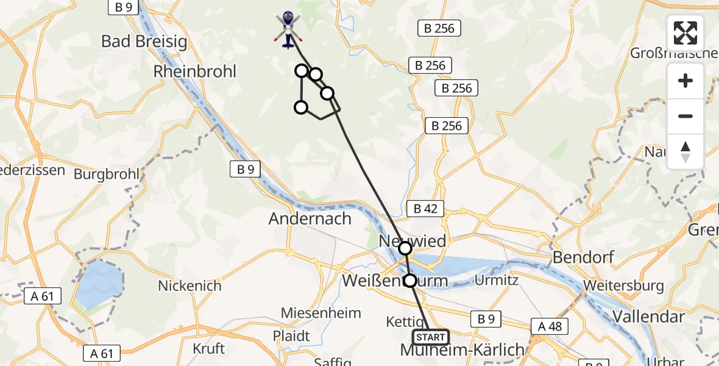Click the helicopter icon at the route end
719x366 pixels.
tap(288, 29)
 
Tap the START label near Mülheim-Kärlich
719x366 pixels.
tap(431, 337)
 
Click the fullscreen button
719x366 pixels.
tap(685, 33)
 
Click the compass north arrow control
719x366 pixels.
tap(685, 152)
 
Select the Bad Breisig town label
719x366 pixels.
tap(144, 41)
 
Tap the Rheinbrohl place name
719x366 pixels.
tap(195, 71)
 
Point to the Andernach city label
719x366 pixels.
tap(310, 218)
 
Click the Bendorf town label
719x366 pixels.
tap(583, 257)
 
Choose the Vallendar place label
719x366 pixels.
tap(648, 316)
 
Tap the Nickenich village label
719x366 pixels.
tap(189, 285)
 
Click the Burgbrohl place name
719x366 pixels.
tap(107, 174)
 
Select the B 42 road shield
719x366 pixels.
tap(425, 209)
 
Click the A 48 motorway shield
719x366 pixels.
tap(550, 326)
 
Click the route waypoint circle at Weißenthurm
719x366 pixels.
tap(410, 281)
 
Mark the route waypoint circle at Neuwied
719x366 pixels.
tap(405, 248)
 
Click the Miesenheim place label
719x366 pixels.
tap(321, 313)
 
